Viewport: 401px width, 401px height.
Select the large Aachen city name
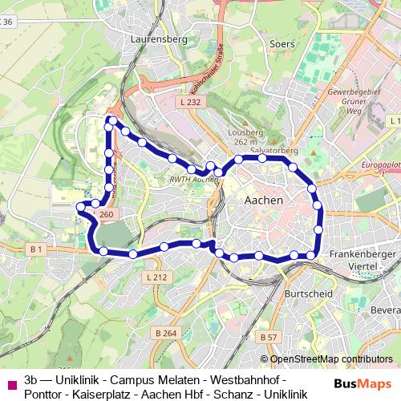[x=263, y=200]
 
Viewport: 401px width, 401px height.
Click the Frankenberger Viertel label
[x=363, y=257]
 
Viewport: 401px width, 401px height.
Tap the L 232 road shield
[x=190, y=103]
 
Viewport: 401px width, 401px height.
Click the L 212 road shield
[x=157, y=277]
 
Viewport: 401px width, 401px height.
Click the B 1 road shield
[x=36, y=250]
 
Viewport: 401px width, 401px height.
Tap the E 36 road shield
[x=7, y=22]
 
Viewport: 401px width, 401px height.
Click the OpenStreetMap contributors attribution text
[x=326, y=359]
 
